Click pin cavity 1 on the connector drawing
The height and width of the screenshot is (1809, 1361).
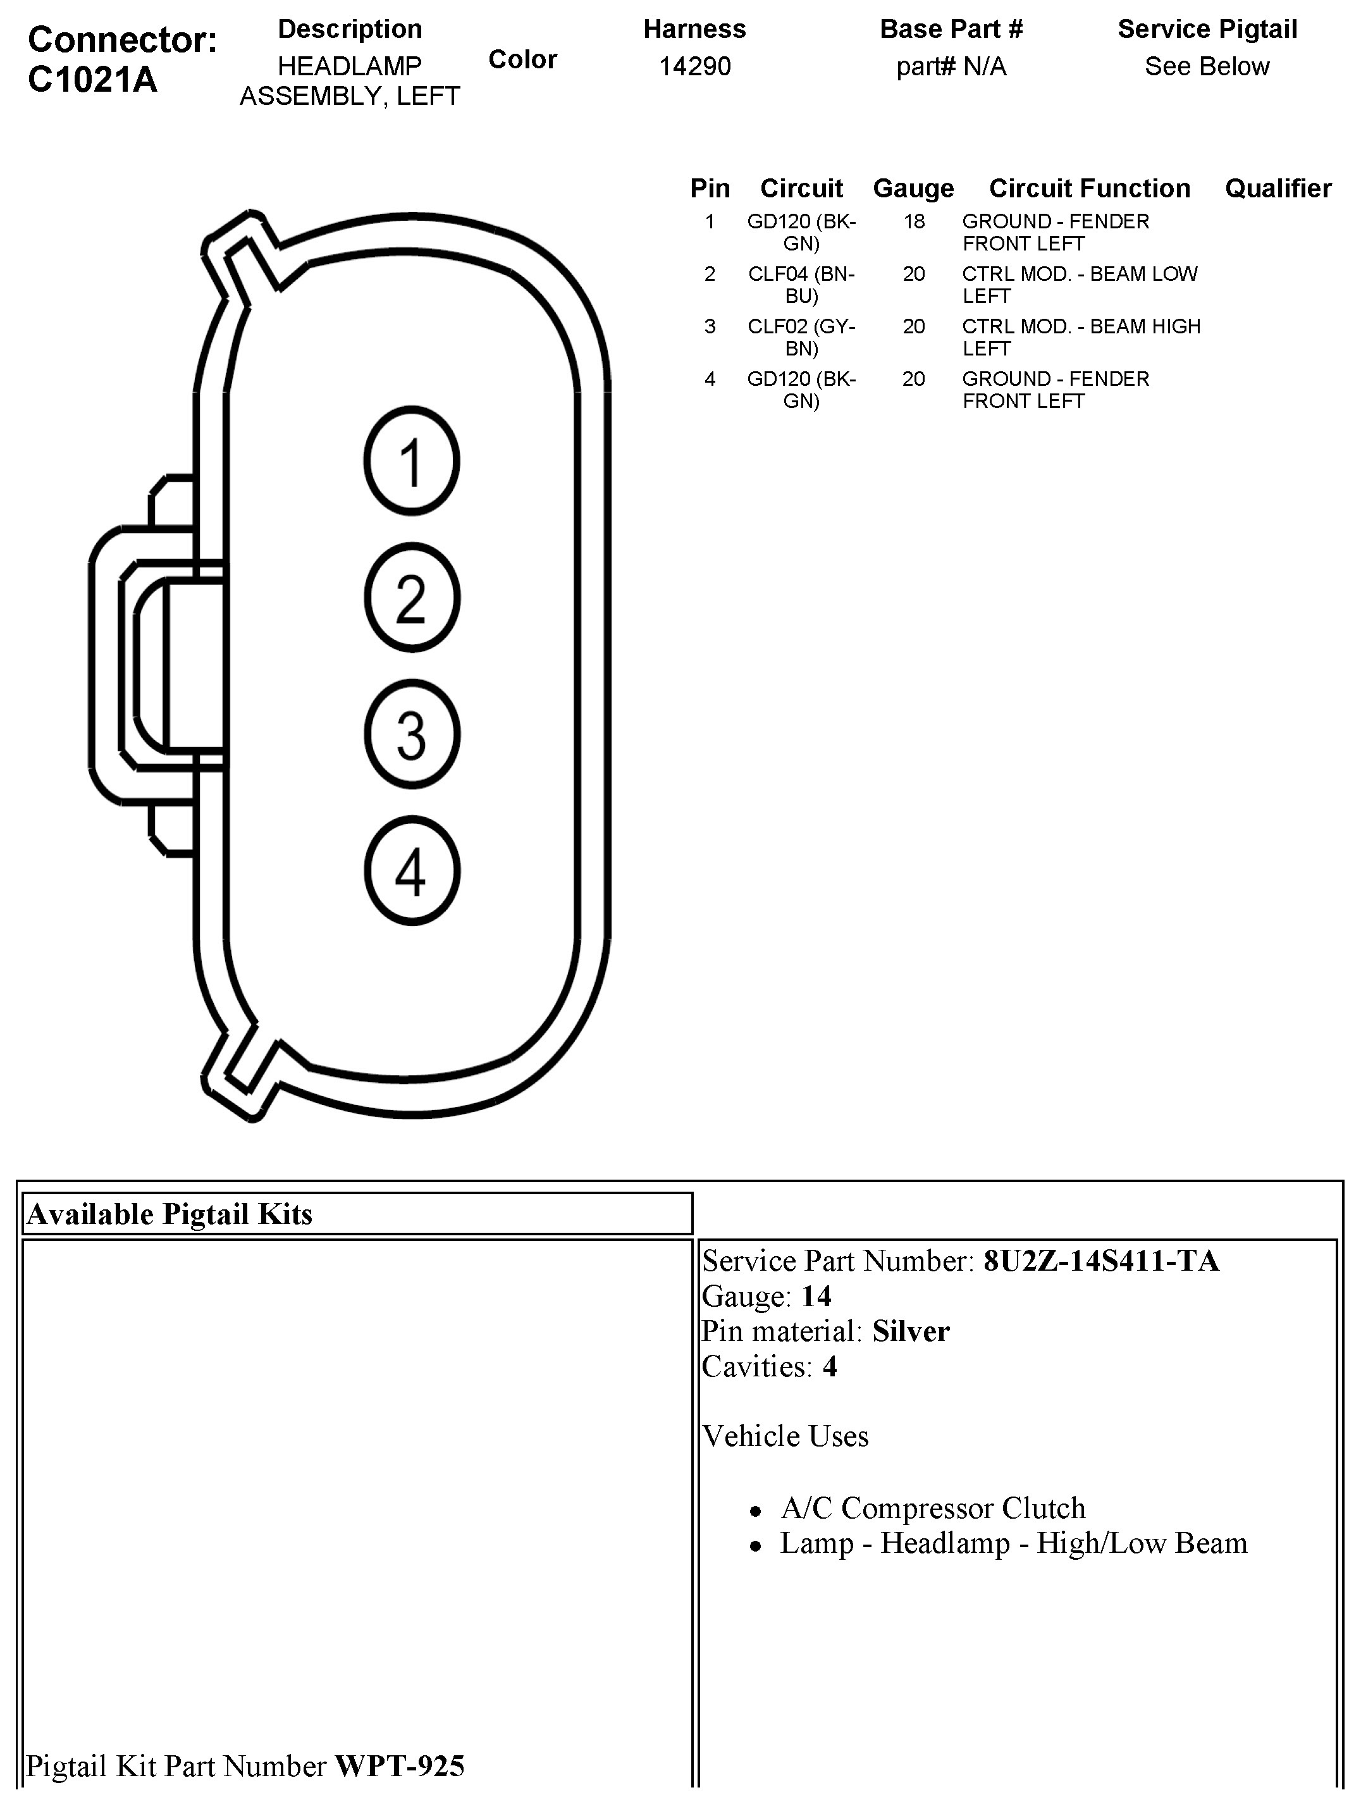[412, 461]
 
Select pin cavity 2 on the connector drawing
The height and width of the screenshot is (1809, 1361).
[412, 598]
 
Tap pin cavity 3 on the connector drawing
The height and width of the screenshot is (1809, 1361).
[412, 734]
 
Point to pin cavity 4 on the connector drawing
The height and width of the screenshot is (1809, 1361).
[412, 871]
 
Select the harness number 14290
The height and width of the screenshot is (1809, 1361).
[694, 66]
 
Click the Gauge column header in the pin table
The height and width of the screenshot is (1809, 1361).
[913, 188]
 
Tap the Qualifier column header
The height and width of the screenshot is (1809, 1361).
[1278, 188]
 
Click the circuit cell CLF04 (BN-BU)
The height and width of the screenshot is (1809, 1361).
[801, 285]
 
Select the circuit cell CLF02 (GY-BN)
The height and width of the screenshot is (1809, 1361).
[801, 337]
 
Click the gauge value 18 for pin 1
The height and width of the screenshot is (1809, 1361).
[914, 221]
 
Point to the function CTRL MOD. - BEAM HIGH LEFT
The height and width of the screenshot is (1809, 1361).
[1080, 337]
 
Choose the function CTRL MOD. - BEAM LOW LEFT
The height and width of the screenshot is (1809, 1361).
[1079, 285]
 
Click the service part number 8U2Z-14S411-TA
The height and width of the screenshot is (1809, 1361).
[1101, 1261]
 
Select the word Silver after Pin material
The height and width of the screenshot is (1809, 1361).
[910, 1331]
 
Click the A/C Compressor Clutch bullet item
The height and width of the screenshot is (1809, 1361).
[932, 1507]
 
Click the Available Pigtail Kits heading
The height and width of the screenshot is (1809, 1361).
[169, 1214]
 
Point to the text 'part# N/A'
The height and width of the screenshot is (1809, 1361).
[951, 66]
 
